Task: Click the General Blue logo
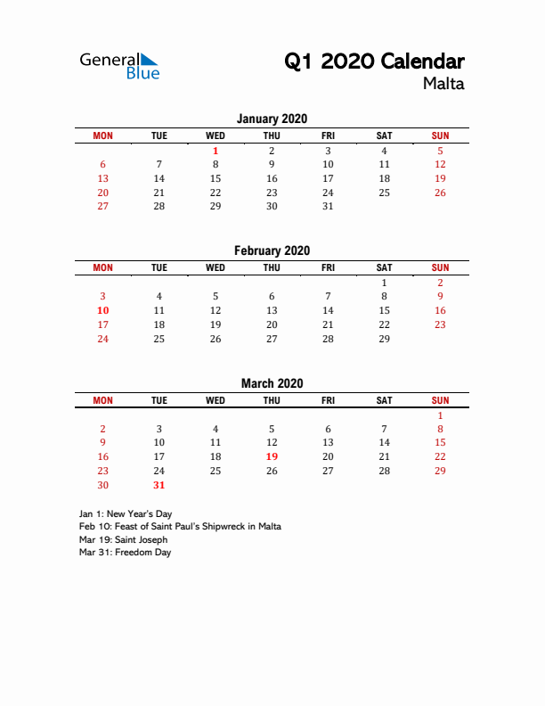[119, 65]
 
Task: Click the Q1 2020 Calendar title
[374, 62]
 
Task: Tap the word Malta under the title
[443, 85]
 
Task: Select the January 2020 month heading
[272, 119]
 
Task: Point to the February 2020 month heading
[272, 251]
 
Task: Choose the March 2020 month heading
[272, 383]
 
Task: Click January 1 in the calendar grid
[216, 151]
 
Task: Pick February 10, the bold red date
[103, 310]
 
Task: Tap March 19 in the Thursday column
[272, 456]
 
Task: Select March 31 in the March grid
[159, 485]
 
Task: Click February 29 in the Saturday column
[384, 339]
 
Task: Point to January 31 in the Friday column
[328, 206]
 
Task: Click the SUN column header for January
[440, 135]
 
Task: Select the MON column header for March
[103, 400]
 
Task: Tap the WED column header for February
[216, 267]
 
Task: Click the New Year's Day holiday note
[126, 514]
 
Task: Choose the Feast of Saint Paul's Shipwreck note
[180, 527]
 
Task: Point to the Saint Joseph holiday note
[123, 539]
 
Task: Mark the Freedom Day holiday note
[125, 552]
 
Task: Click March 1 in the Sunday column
[440, 415]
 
